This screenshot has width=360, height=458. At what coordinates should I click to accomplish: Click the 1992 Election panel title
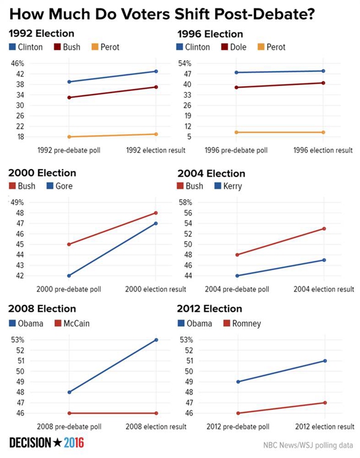[x=42, y=34]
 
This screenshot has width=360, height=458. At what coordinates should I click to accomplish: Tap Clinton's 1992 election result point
[x=156, y=71]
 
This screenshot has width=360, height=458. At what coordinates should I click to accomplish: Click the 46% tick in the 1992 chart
[x=18, y=63]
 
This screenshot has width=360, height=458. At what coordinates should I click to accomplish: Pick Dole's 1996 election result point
[x=323, y=83]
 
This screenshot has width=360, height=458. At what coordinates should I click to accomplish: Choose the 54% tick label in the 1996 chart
[x=184, y=63]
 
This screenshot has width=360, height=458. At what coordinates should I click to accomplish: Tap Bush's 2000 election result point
[x=156, y=213]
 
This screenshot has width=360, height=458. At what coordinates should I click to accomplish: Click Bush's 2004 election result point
[x=323, y=229]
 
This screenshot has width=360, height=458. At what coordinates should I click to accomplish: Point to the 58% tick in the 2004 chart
[x=184, y=202]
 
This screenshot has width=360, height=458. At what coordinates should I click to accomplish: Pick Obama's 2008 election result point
[x=156, y=339]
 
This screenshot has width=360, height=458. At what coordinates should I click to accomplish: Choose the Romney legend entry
[x=243, y=323]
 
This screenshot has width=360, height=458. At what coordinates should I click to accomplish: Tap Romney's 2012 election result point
[x=323, y=403]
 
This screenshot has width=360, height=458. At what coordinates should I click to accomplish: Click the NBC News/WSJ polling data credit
[x=308, y=445]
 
